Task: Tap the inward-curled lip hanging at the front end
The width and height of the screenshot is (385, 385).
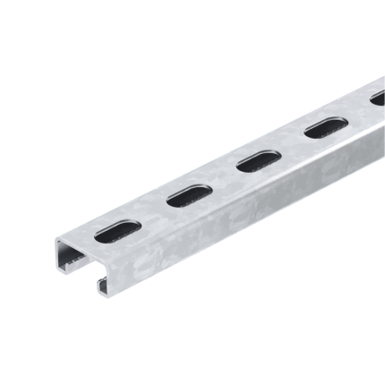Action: click(104, 284)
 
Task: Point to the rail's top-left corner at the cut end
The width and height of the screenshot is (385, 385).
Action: click(56, 240)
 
